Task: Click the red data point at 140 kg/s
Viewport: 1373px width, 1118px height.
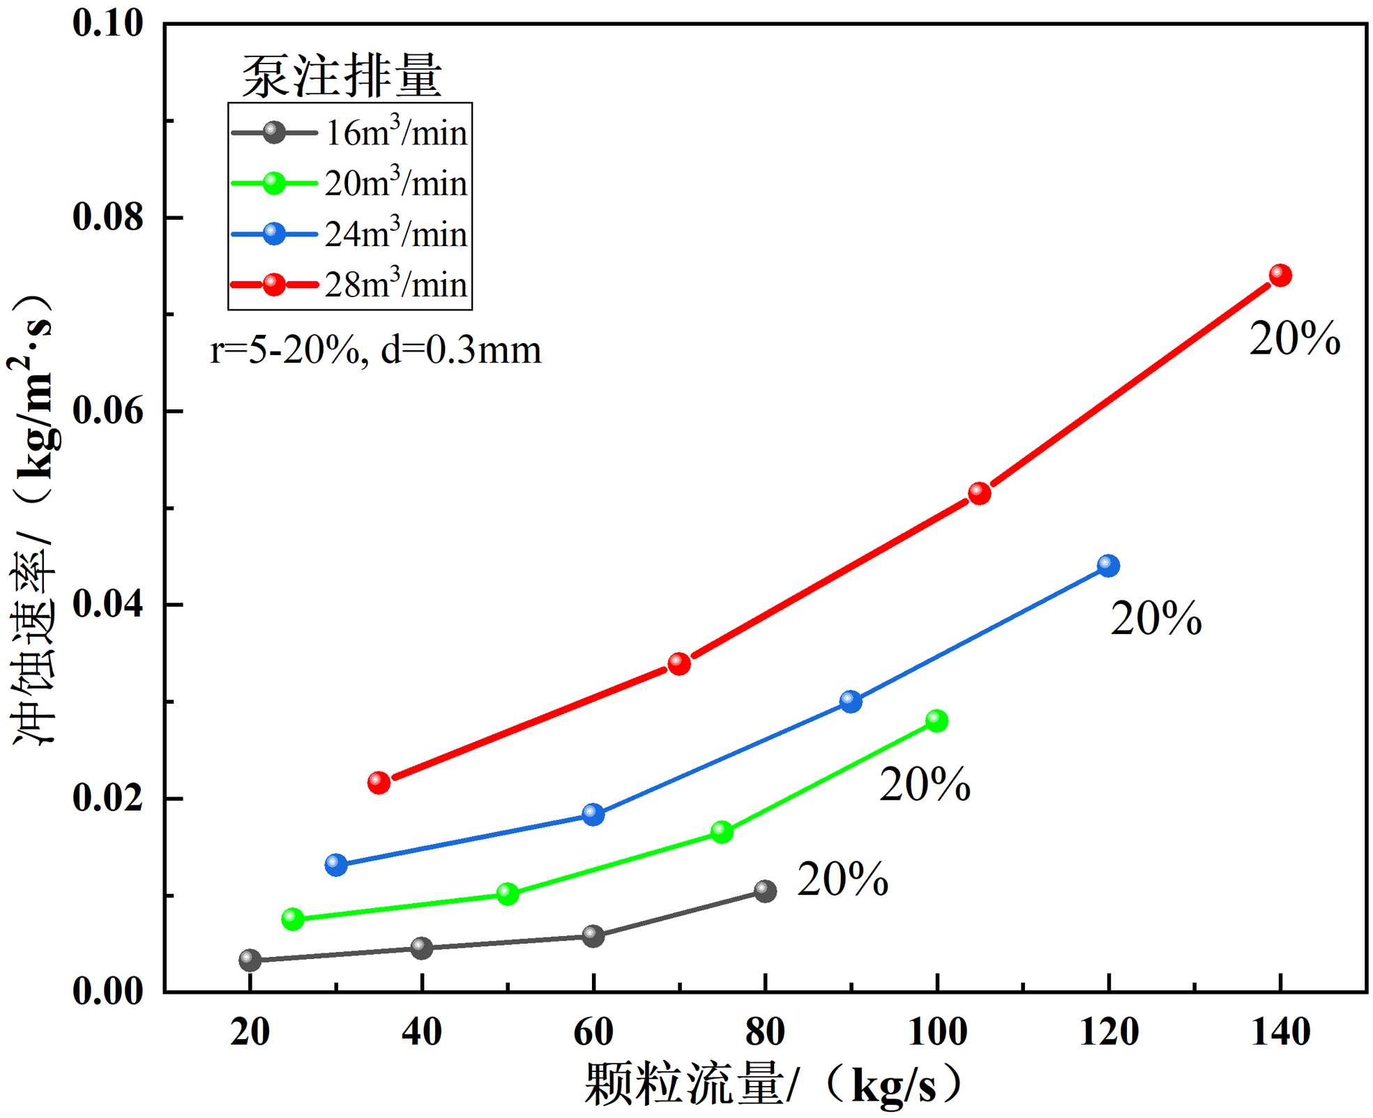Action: tap(1280, 275)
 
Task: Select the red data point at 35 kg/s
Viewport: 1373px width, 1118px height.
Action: tap(379, 783)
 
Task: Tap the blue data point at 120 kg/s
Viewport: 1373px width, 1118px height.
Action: tap(1108, 566)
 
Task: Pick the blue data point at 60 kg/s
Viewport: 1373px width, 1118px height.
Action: tap(593, 814)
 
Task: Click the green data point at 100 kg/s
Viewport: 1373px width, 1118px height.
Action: tap(936, 720)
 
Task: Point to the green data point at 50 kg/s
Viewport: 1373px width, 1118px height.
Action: tap(508, 893)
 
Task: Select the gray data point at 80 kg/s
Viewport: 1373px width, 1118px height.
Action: tap(765, 891)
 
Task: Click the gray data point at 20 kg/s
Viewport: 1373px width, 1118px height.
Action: tap(250, 960)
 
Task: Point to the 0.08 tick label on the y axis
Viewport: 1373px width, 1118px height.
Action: tap(108, 217)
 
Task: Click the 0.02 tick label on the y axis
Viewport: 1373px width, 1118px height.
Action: tap(108, 797)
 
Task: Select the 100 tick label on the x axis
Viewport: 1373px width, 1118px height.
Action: tap(936, 1032)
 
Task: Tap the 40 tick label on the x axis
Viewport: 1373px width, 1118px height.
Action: tap(421, 1032)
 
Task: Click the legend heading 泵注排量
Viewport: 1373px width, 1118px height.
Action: tap(342, 75)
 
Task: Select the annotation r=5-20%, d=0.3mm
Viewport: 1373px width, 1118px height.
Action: tap(375, 350)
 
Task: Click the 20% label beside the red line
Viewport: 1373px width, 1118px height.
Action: tap(1294, 339)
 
